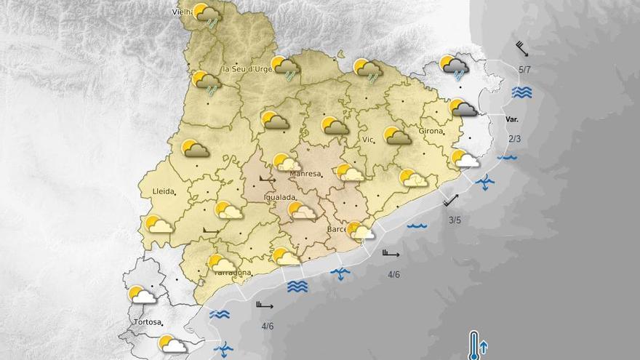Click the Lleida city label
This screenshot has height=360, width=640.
[x=163, y=191]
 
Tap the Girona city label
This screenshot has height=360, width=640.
[x=431, y=131]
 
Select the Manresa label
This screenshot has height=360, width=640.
[x=305, y=175]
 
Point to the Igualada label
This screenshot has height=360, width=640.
[x=279, y=197]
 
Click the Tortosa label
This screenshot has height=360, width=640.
[x=148, y=321]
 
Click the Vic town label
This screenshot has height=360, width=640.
[x=368, y=139]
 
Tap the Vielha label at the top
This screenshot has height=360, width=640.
[x=181, y=12]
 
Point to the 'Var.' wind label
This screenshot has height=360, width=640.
[x=513, y=118]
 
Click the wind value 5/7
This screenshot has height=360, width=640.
[x=524, y=70]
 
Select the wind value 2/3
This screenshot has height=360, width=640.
[x=515, y=139]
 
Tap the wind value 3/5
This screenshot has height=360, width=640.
[x=455, y=220]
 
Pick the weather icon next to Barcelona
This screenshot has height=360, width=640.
[x=361, y=231]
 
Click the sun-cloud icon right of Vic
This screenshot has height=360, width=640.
[x=396, y=135]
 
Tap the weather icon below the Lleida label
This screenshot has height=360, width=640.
[x=158, y=224]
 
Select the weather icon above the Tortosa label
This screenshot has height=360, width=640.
[x=142, y=295]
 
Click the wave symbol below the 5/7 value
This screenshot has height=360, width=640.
[x=521, y=92]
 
